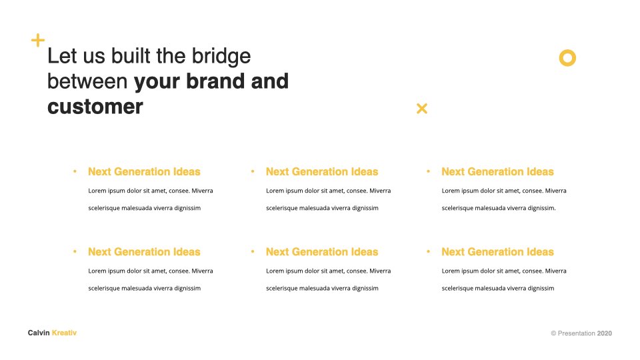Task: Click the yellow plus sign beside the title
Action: (x=38, y=40)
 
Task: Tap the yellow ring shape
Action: (x=567, y=50)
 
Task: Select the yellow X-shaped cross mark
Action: (x=422, y=108)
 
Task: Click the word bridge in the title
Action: (x=221, y=57)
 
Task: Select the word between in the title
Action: (x=87, y=81)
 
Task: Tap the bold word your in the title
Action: (x=157, y=83)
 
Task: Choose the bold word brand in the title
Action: (x=215, y=81)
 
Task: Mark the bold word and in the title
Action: (x=270, y=81)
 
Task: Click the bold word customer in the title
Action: (x=95, y=107)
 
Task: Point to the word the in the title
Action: (x=171, y=56)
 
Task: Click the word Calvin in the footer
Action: (x=39, y=333)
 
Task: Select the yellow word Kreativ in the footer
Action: (x=64, y=333)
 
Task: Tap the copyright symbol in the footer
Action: (x=553, y=333)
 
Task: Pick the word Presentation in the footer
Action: (x=576, y=333)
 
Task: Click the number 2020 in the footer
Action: (x=605, y=333)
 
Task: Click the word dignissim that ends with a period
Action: (x=541, y=208)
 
